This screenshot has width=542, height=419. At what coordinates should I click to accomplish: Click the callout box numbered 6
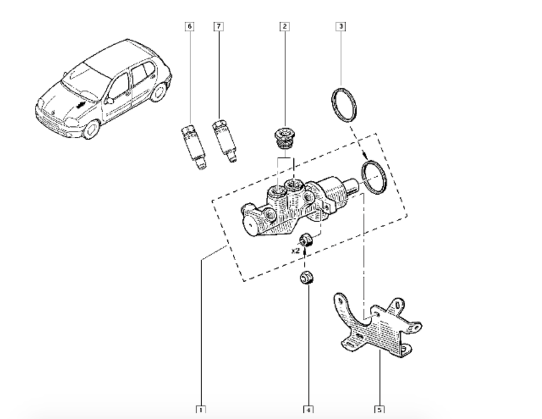coord(190,27)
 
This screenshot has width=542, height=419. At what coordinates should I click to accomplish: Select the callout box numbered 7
coord(218,27)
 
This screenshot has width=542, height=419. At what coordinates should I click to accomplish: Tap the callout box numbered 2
coord(285,27)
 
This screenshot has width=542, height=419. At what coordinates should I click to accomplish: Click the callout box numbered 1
coord(201,410)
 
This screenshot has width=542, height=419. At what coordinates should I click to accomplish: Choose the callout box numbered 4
coord(308,410)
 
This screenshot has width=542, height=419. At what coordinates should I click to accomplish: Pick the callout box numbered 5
coord(380,410)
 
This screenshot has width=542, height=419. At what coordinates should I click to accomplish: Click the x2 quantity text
coord(295,251)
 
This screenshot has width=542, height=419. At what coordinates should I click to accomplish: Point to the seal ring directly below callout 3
coord(343,104)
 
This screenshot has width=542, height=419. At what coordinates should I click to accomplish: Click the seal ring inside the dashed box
coord(374,177)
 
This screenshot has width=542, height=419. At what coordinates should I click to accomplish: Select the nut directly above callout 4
coord(305,278)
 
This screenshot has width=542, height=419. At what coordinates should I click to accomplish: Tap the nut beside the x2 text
coord(306,240)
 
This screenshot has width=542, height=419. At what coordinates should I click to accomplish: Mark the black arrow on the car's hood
coord(80,105)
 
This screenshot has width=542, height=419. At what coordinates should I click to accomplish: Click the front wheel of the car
coord(91,129)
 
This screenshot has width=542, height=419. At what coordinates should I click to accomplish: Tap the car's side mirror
coord(109,101)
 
